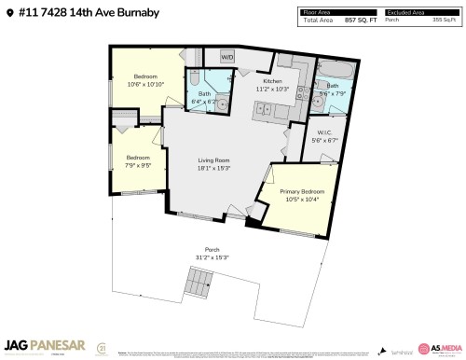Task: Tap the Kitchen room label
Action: click(272, 82)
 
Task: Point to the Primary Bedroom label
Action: click(299, 192)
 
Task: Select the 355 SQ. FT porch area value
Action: click(444, 19)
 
